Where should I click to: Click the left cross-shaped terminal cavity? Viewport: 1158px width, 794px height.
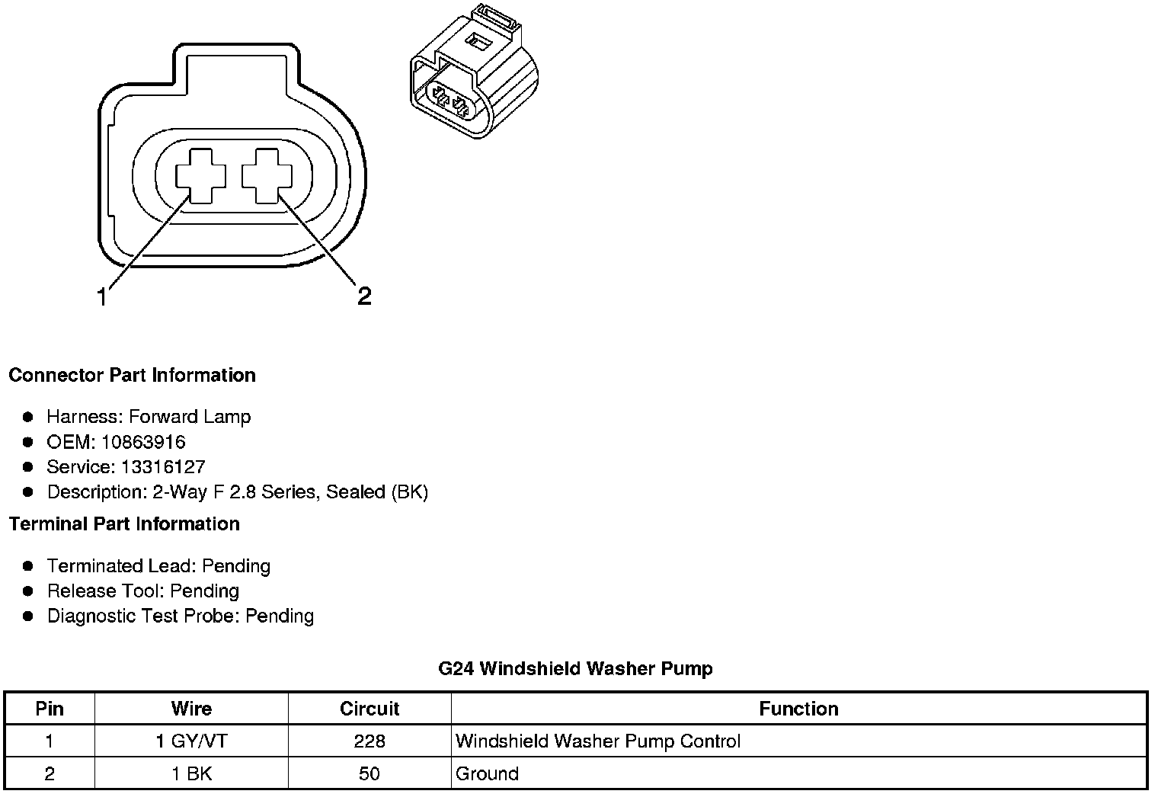201,176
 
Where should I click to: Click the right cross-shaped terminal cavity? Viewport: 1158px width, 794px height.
267,176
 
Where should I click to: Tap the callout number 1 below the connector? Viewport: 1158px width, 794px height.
102,296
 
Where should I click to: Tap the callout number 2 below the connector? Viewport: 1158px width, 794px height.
364,296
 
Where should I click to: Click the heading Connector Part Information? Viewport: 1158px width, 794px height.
132,375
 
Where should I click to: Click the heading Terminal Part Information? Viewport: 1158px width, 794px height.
124,524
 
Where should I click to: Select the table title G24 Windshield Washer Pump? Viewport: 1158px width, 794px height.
575,669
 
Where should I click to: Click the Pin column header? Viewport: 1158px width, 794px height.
50,709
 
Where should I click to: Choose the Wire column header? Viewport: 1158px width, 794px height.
191,709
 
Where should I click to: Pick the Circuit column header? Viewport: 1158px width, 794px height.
369,709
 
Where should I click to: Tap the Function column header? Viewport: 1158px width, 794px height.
798,709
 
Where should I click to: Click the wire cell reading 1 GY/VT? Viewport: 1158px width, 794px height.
191,741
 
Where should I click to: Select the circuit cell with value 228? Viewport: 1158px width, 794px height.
369,741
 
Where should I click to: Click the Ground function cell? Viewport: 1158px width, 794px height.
487,774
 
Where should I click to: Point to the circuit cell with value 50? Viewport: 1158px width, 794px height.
369,774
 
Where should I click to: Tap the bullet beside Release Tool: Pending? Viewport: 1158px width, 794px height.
29,591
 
